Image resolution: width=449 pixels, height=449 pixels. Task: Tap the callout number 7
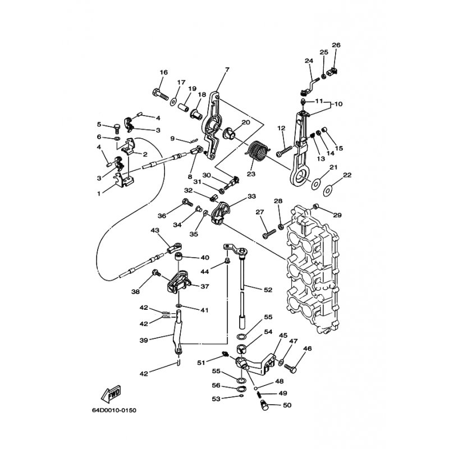[x=227, y=70]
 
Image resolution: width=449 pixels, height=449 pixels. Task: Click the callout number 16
[x=163, y=72]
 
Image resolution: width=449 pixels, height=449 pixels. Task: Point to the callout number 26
[x=336, y=45]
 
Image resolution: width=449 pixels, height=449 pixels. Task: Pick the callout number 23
[x=250, y=174]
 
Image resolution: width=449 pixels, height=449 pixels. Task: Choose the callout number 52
[x=268, y=289]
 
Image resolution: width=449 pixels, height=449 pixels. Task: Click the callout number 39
[x=144, y=341]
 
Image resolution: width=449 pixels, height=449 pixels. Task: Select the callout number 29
[x=337, y=216]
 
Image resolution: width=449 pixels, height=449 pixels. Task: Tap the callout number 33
[x=251, y=196]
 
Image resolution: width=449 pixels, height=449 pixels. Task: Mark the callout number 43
[x=155, y=230]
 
